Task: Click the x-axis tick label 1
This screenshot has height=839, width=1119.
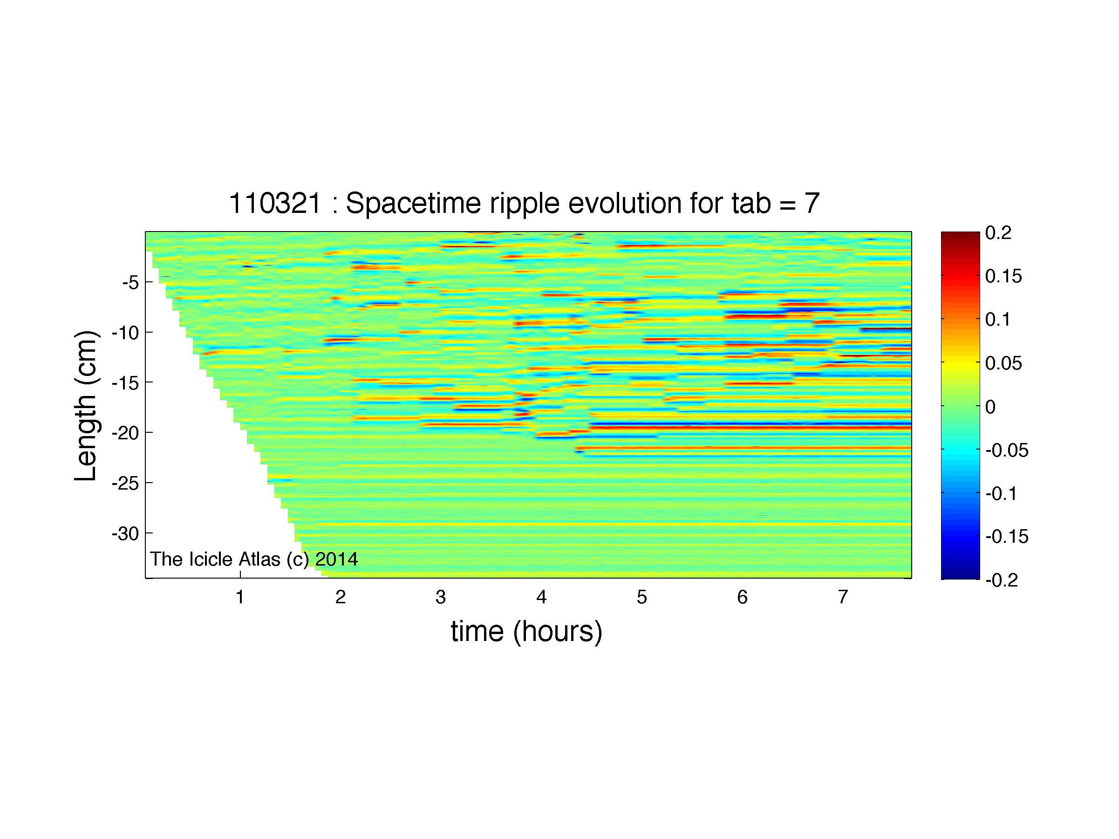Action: point(240,598)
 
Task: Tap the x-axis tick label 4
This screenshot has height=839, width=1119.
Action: point(541,598)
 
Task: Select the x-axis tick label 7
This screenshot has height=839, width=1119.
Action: point(842,598)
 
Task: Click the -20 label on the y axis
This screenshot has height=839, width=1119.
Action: point(125,432)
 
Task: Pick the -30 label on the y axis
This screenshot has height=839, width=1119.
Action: point(125,533)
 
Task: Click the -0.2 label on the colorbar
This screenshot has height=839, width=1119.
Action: point(1007,580)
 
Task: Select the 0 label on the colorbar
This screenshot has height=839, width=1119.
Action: point(990,406)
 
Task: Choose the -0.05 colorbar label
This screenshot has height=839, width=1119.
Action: point(1007,450)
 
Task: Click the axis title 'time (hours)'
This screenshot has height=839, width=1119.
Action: point(526,633)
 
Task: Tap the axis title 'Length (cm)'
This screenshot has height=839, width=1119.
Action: point(86,406)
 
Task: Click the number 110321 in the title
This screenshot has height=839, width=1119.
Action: point(275,204)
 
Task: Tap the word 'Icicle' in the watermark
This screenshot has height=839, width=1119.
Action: point(207,559)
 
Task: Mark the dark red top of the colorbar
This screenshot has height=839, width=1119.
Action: point(960,235)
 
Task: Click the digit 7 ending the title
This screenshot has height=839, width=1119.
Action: point(812,204)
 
